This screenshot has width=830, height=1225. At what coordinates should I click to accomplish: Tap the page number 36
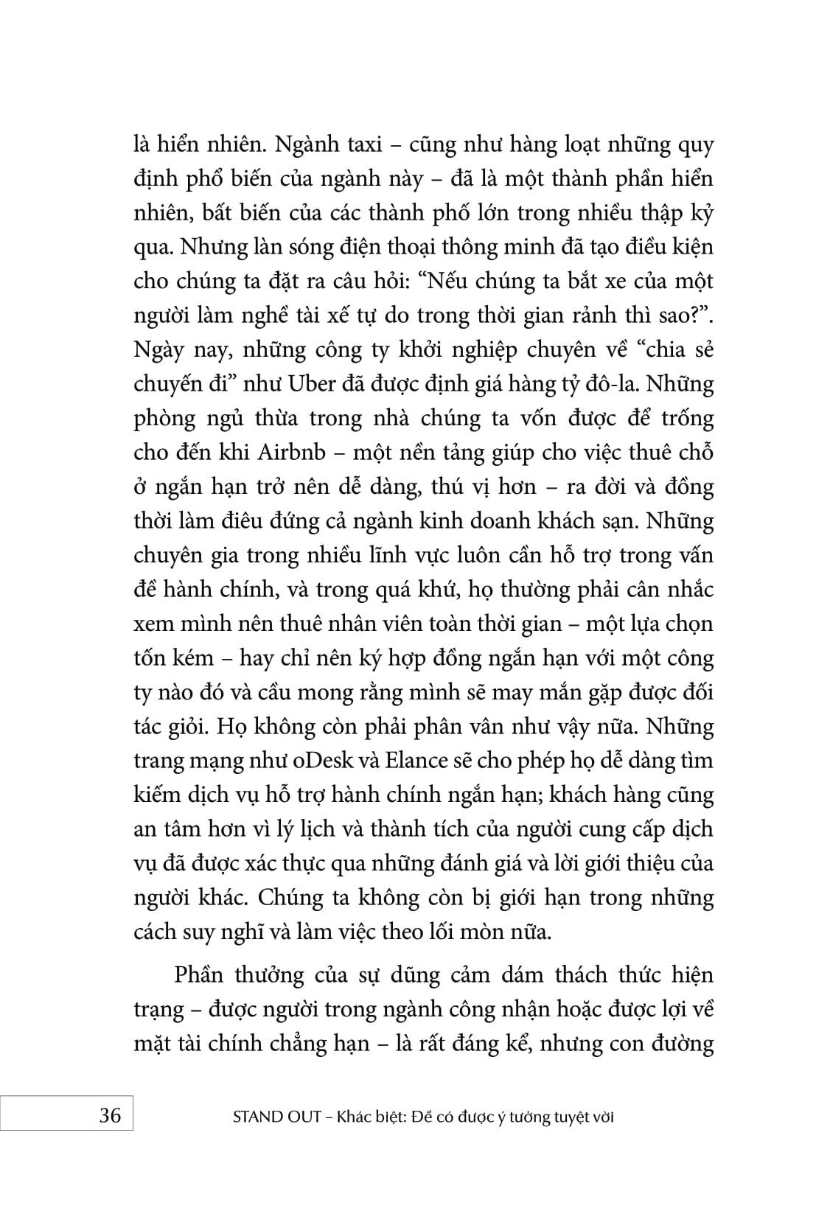(x=110, y=1114)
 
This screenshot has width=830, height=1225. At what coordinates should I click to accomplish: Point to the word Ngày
(x=158, y=350)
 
